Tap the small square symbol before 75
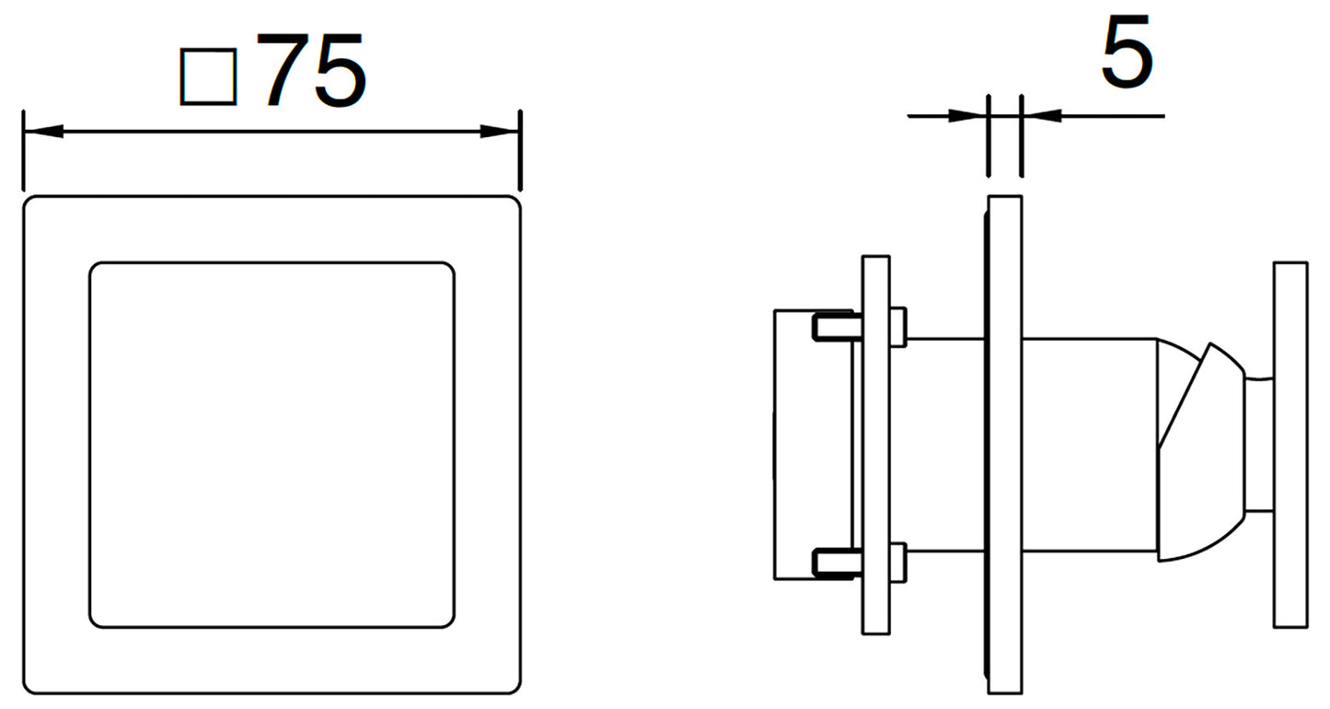point(208,77)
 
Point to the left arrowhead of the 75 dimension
point(43,132)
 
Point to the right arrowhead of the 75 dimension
point(500,132)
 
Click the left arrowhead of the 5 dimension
point(967,116)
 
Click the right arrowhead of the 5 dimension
point(1041,116)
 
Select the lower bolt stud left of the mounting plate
point(838,563)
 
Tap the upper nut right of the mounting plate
point(897,327)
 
